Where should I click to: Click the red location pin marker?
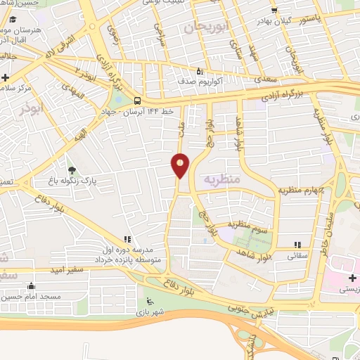(x=181, y=165)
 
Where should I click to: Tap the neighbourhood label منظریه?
(x=221, y=179)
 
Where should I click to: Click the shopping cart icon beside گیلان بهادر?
(x=274, y=10)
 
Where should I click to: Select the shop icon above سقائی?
(x=297, y=244)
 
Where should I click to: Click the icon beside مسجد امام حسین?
(x=30, y=285)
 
